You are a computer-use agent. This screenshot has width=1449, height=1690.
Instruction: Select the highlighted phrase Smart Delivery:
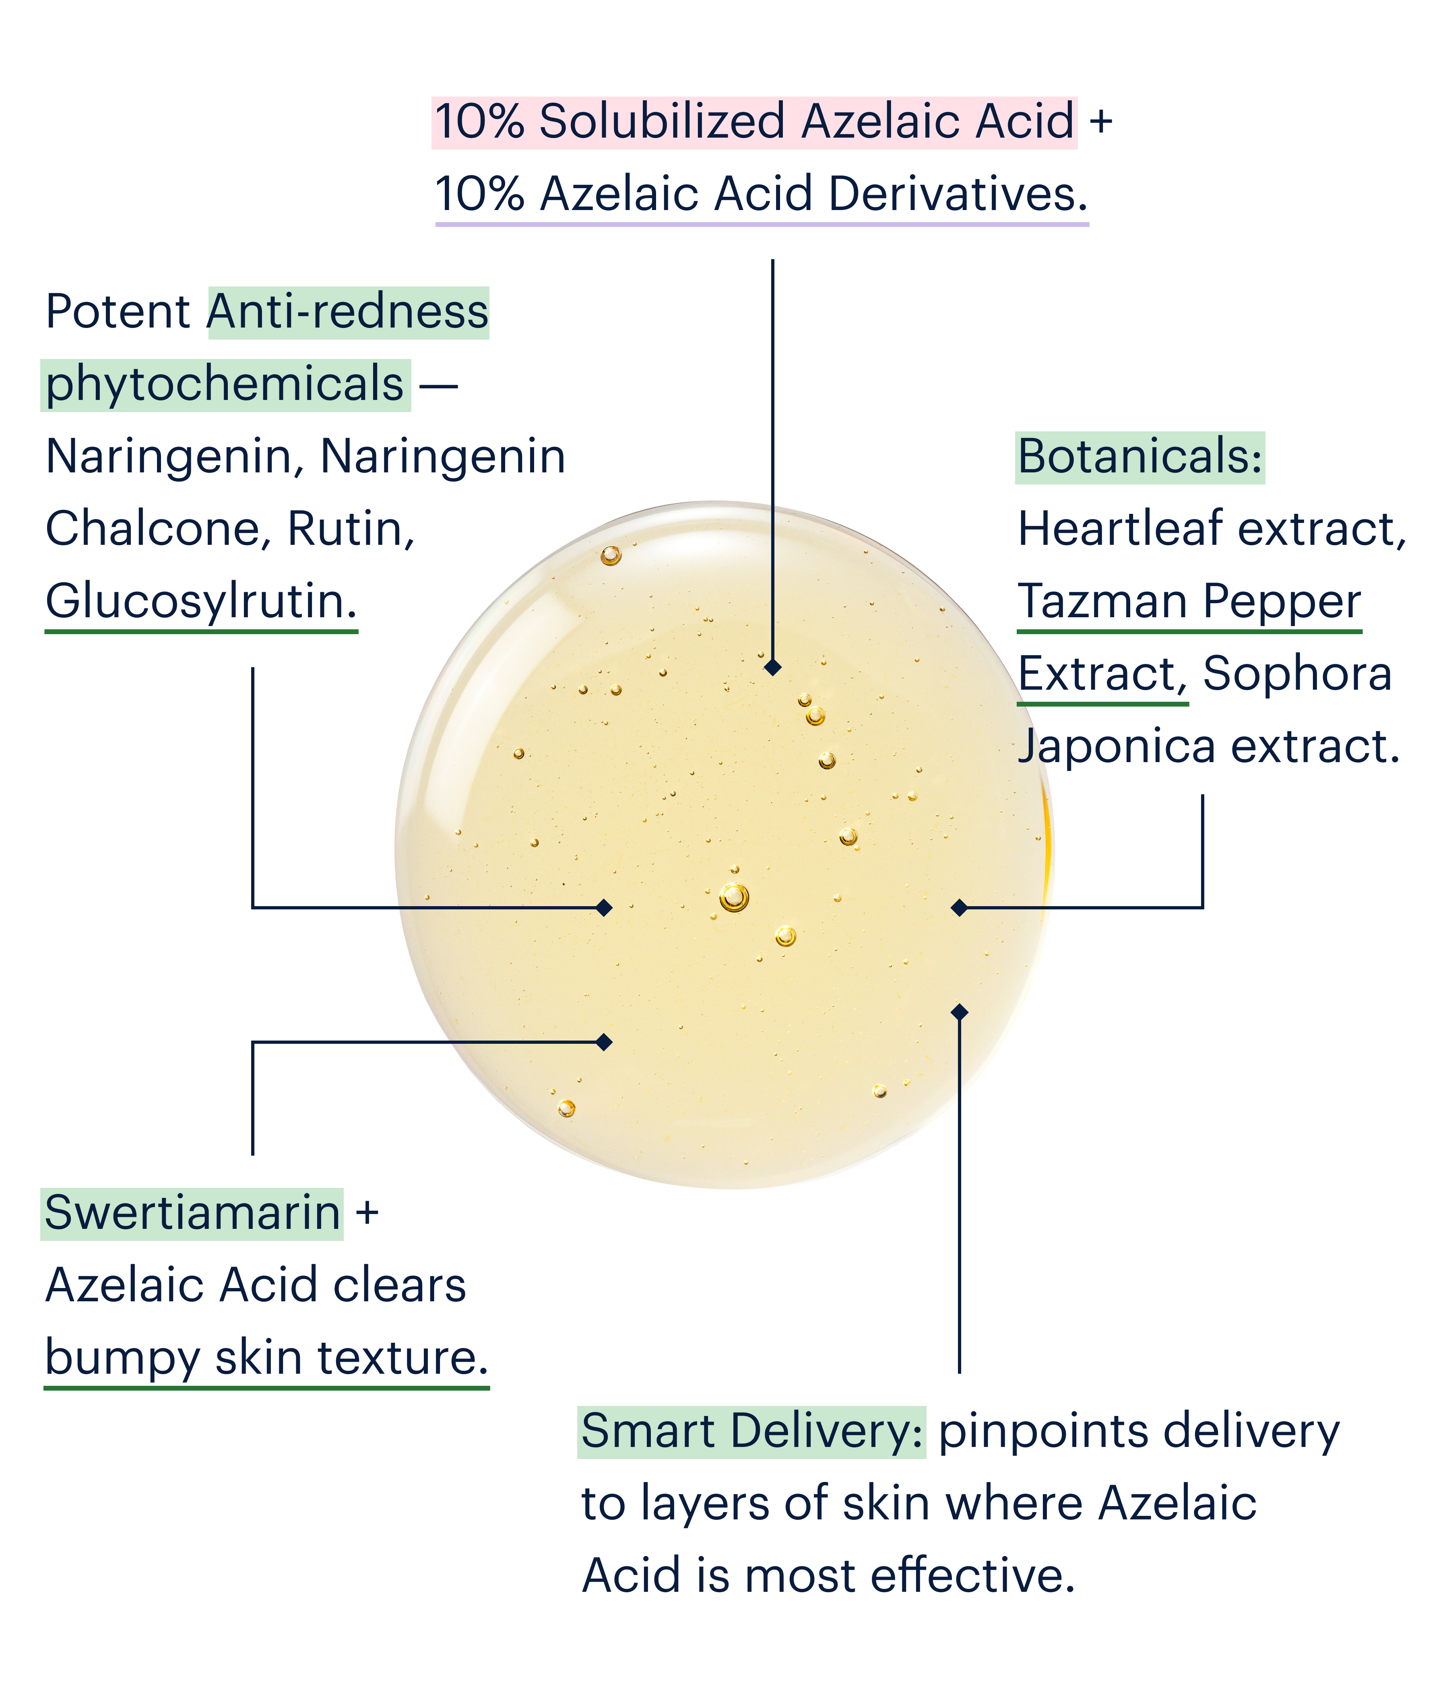[x=751, y=1431]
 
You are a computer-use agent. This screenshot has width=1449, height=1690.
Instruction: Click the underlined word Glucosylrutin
[x=201, y=602]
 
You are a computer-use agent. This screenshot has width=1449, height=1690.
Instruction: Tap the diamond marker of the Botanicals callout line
[x=960, y=907]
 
